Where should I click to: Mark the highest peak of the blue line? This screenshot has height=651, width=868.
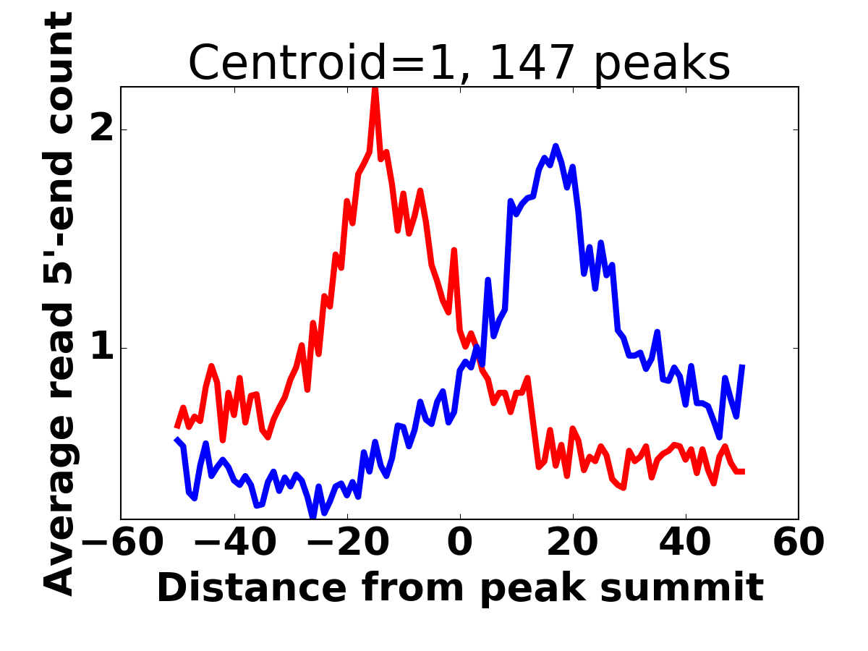pos(556,146)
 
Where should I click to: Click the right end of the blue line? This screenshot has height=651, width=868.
pos(742,366)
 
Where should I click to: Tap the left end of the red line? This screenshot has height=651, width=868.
pos(176,427)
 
